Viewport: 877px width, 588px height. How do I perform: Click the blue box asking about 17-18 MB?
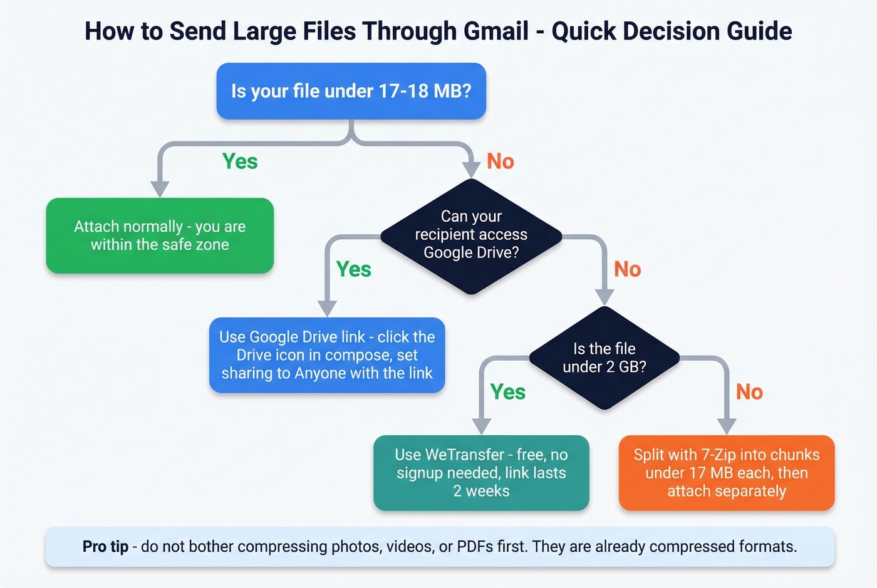coord(351,91)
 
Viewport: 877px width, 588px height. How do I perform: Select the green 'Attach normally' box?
coord(160,235)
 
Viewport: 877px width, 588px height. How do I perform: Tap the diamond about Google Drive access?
coord(471,235)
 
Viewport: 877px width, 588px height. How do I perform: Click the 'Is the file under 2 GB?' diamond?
coord(604,358)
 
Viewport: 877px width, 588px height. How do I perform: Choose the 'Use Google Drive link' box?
coord(327,355)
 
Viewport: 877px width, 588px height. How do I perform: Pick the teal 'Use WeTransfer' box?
coord(481,473)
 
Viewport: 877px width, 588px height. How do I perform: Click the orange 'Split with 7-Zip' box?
coord(727,473)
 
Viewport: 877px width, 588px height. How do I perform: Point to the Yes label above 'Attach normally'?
coord(240,162)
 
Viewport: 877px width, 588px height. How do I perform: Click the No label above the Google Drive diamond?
coord(501,162)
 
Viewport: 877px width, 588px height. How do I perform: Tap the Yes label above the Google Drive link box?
coord(354,269)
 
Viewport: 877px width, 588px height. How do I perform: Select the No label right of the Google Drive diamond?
coord(628,269)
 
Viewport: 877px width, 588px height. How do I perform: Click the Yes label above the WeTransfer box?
coord(508,392)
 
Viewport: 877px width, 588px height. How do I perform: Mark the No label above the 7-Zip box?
coord(749,392)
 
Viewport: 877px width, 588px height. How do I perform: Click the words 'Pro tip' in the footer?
coord(105,547)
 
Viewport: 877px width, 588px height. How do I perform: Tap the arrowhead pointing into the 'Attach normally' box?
coord(160,189)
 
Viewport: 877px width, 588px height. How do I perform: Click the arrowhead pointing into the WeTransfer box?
coord(481,426)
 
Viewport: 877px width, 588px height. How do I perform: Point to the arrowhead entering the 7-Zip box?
coord(726,426)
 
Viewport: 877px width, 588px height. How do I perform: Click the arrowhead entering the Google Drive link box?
coord(327,309)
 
